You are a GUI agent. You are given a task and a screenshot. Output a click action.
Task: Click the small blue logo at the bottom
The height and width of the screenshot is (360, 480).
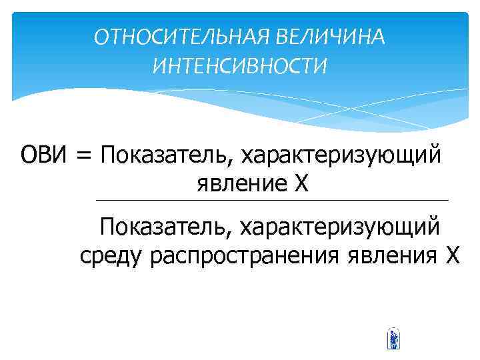[x=393, y=339]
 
